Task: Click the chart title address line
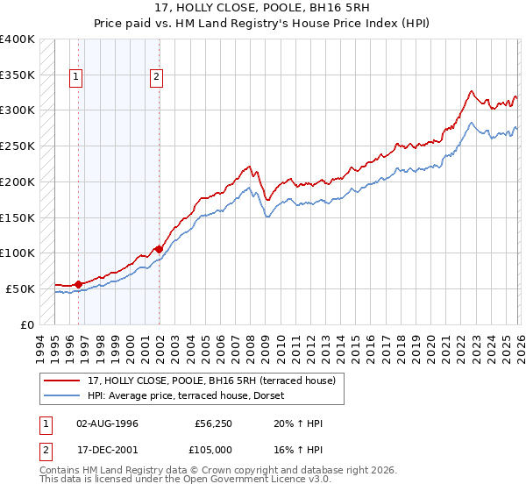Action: point(263,8)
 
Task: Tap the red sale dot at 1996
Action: point(78,283)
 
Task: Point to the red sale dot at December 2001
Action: point(159,248)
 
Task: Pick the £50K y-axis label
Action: point(20,288)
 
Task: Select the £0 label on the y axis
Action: point(27,324)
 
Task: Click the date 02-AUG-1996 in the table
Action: point(107,423)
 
